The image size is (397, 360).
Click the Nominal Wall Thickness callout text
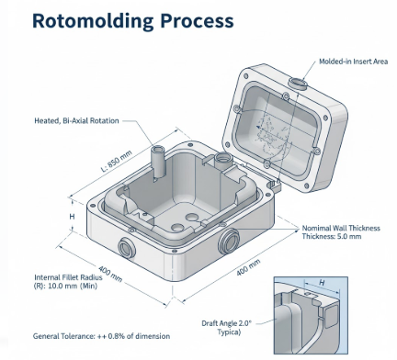click(x=342, y=228)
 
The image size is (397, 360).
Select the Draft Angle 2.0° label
click(x=226, y=322)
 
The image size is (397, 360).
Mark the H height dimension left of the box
click(x=72, y=216)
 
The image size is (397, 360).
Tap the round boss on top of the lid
click(x=298, y=84)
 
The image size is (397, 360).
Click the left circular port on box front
click(x=125, y=246)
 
